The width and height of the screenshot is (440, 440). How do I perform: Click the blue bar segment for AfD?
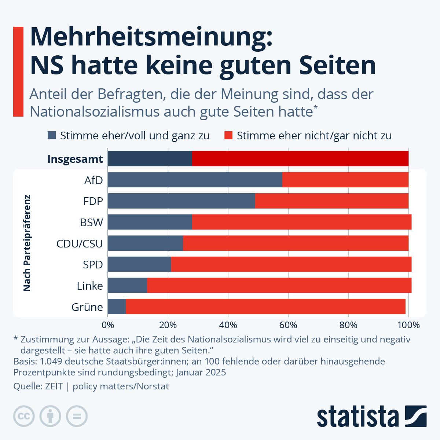coord(195,180)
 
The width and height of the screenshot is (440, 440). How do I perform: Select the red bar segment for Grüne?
coord(265,307)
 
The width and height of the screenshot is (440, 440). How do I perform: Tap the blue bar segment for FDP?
coord(181,201)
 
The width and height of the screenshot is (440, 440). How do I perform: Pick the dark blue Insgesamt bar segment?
coord(150,158)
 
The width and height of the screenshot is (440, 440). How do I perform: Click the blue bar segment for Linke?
coord(127,285)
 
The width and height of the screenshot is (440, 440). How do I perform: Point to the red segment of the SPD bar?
coord(291,264)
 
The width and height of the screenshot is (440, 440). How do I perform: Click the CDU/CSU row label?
coord(80,244)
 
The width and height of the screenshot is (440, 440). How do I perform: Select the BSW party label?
coord(91,223)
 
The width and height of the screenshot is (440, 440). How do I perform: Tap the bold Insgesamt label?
coord(75,159)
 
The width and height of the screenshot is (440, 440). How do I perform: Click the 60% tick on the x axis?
coord(288,325)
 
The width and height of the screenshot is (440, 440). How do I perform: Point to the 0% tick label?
coord(108,325)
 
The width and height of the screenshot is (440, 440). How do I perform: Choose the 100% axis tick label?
coord(408,325)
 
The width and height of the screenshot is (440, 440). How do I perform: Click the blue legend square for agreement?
coord(52,135)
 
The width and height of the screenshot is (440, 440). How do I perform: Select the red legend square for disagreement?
coord(228,135)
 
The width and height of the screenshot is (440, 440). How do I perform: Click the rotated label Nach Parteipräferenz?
coord(27,243)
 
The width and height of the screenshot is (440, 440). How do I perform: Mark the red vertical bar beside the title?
coord(18,71)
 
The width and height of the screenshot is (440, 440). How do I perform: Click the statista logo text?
coord(357,417)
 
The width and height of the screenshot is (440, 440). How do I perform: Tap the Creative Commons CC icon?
coord(24,416)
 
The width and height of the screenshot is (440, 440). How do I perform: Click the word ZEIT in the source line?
coord(54,386)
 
